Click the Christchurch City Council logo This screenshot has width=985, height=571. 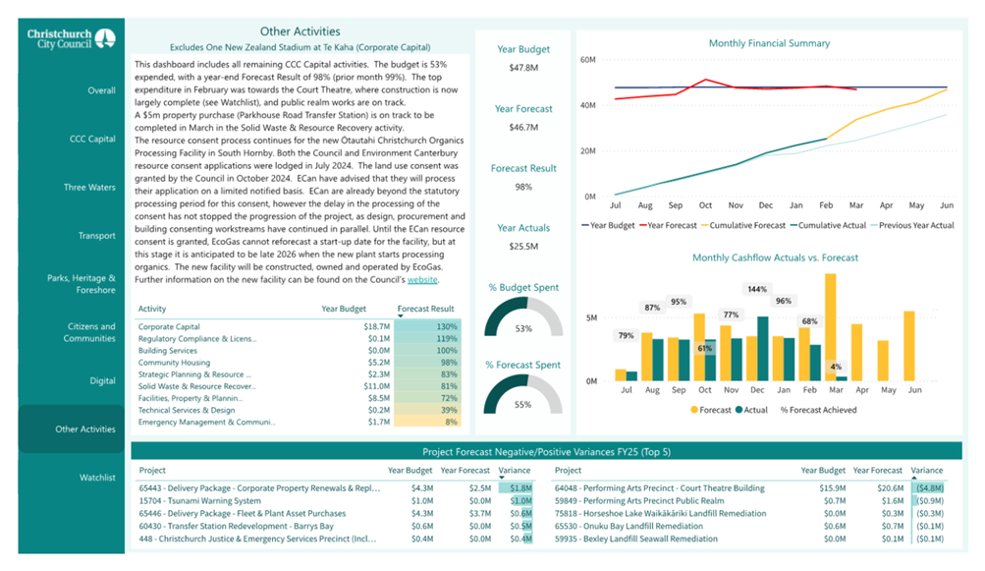71,38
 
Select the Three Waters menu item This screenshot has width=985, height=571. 89,188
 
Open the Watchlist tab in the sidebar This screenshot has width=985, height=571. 97,478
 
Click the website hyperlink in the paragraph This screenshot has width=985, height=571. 422,280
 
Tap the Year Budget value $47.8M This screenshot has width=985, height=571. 523,68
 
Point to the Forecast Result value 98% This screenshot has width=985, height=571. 523,187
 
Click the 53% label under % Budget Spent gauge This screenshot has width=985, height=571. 523,328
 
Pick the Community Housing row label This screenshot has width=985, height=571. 174,363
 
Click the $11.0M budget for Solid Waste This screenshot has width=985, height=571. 377,386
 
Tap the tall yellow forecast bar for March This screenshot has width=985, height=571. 831,327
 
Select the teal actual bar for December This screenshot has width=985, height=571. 763,348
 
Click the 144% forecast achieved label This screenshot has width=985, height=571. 757,289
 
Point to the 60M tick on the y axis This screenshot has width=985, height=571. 588,60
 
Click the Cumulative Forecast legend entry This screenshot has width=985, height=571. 743,225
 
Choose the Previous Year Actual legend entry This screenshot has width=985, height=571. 912,225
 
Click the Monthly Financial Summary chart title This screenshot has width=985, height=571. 769,43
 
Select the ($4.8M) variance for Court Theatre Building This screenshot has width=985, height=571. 930,488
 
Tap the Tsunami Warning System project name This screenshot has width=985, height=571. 199,500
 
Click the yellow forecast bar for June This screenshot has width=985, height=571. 909,346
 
